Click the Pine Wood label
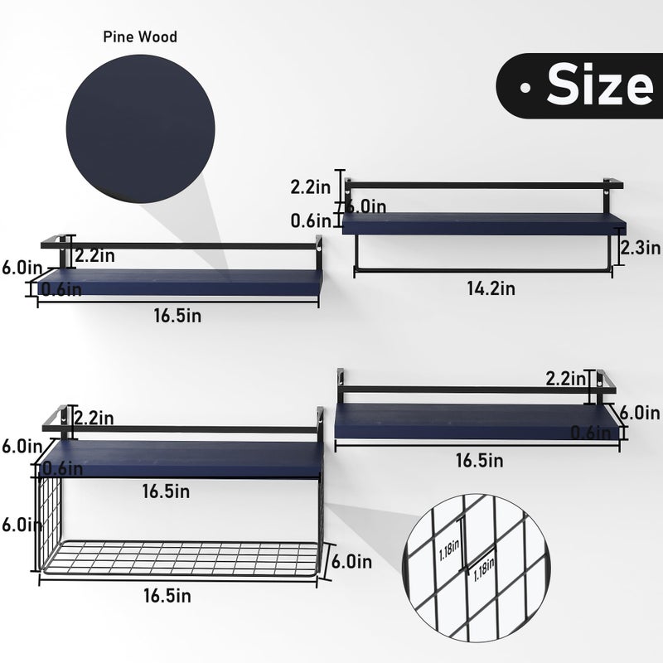(140, 36)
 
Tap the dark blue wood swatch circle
(140, 128)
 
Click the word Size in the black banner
(600, 85)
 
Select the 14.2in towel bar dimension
(491, 288)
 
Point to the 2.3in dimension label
(640, 247)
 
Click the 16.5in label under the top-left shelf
(177, 316)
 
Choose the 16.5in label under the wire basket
(167, 595)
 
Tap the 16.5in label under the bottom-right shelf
(480, 461)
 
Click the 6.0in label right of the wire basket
(351, 562)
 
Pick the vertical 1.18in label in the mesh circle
(449, 549)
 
